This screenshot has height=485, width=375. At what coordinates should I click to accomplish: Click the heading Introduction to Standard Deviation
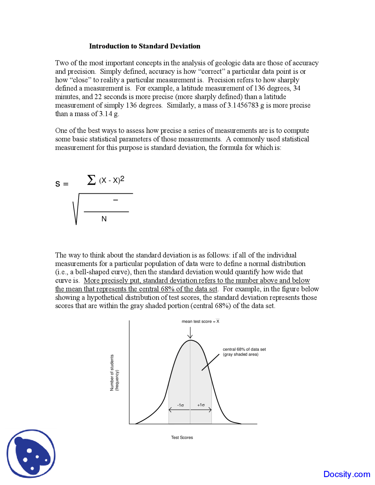[144, 46]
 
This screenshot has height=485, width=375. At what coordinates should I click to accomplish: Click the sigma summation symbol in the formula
[91, 180]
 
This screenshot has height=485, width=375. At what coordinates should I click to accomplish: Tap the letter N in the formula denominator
[104, 219]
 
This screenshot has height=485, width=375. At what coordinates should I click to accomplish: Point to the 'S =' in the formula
[62, 184]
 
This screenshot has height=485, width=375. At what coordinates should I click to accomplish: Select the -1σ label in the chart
[180, 405]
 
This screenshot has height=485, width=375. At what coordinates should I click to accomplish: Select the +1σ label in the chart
[201, 405]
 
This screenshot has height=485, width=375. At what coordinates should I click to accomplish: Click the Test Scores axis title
[182, 437]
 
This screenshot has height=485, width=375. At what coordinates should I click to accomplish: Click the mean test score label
[200, 321]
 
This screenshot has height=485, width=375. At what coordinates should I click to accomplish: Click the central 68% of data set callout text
[244, 352]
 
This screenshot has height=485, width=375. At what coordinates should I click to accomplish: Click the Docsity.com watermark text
[347, 474]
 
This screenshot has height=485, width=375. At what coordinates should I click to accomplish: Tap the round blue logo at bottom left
[31, 453]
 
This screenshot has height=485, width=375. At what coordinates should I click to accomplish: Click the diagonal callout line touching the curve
[210, 362]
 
